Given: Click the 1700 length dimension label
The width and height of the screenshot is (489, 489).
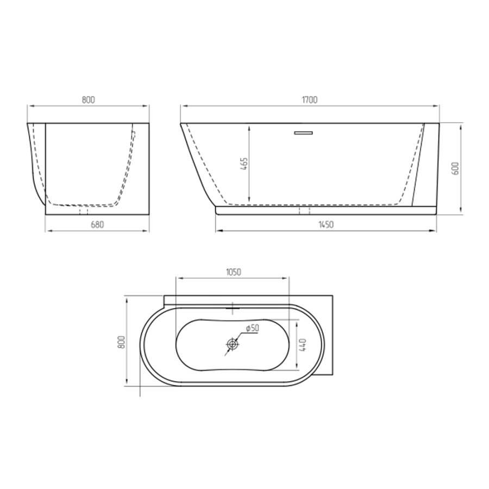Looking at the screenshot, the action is pyautogui.click(x=310, y=100).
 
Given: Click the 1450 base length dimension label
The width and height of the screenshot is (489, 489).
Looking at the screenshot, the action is pyautogui.click(x=326, y=224).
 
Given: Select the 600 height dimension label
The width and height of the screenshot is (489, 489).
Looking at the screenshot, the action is pyautogui.click(x=455, y=168).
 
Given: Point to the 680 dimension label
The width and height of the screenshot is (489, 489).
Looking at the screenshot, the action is pyautogui.click(x=97, y=224).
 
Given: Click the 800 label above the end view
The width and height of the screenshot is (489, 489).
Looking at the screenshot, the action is pyautogui.click(x=88, y=100).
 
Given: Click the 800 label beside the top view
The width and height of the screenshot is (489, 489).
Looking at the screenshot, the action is pyautogui.click(x=121, y=342).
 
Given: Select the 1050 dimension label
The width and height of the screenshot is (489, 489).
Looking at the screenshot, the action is pyautogui.click(x=233, y=272).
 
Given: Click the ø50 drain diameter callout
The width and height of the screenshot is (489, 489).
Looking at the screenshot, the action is pyautogui.click(x=252, y=328).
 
